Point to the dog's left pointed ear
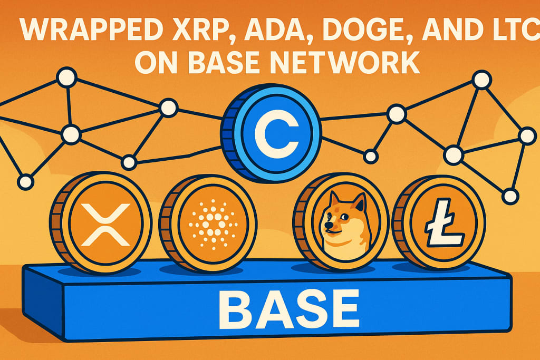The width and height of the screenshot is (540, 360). pos(333,199)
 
